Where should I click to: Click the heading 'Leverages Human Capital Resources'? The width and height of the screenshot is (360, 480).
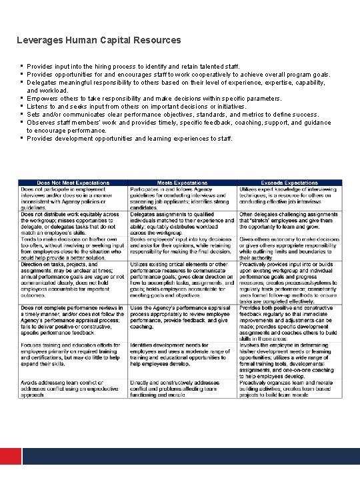(99, 40)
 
